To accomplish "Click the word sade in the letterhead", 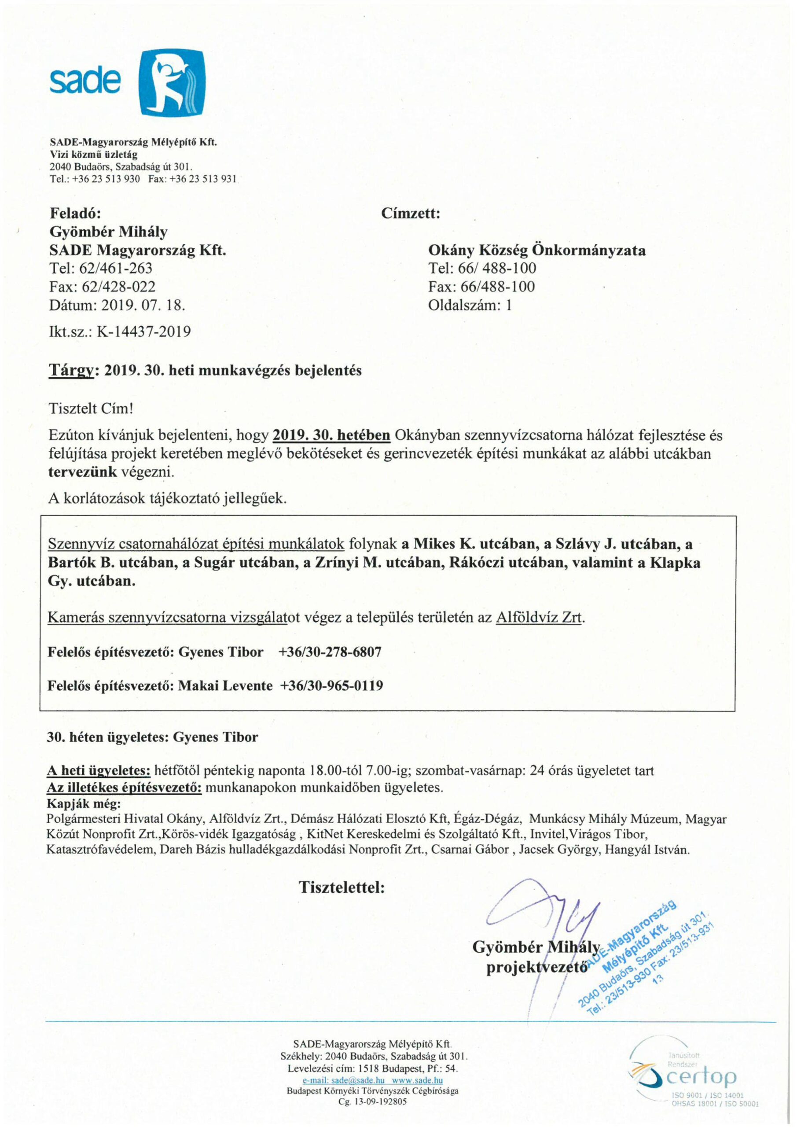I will (x=84, y=81).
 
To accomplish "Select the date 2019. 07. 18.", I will (x=143, y=306).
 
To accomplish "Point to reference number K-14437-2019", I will (x=143, y=332).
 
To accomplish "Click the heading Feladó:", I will (x=76, y=214).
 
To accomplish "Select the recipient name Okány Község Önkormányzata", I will (x=537, y=250).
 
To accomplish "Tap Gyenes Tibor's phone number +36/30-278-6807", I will (x=329, y=652).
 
